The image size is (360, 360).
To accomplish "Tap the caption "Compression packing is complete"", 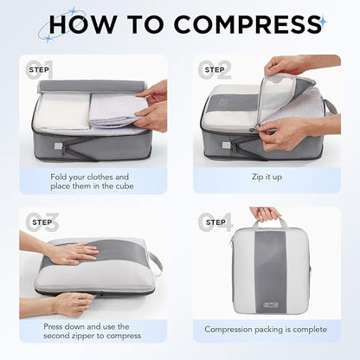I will [x=266, y=329].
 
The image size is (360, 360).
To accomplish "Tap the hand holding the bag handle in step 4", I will [x=266, y=214].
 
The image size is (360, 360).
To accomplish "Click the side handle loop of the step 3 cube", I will [x=156, y=262].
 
